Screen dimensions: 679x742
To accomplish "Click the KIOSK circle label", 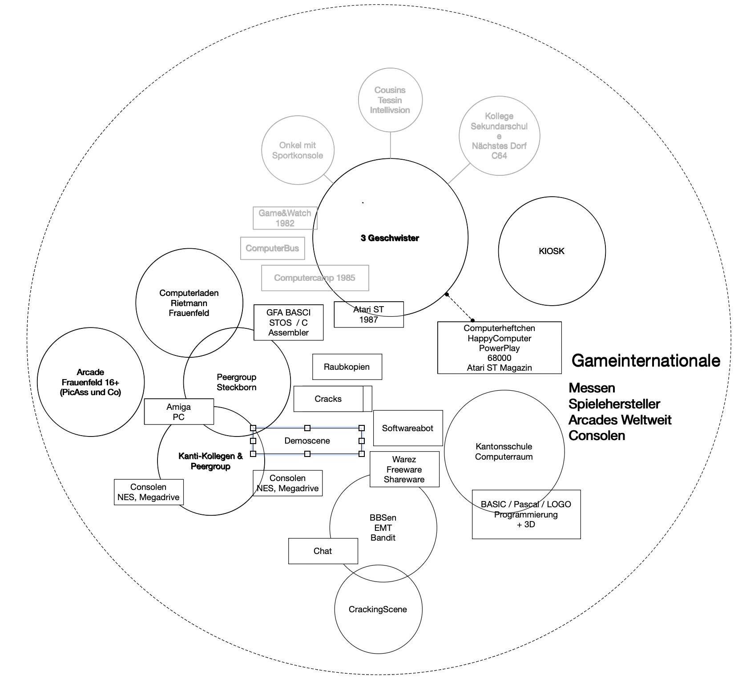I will [551, 251].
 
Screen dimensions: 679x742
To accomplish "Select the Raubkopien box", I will [347, 367].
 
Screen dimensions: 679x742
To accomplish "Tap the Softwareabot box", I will [407, 428].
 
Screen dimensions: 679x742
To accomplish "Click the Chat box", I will [323, 551].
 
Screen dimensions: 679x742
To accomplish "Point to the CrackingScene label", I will [378, 609].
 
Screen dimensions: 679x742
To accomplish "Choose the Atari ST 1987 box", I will [368, 315].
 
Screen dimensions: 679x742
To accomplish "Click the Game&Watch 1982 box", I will [285, 218].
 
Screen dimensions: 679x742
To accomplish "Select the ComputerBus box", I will [272, 248].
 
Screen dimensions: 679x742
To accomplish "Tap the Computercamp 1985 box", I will [315, 278].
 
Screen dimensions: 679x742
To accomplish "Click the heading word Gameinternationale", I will [645, 360].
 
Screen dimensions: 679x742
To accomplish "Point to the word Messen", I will [592, 388].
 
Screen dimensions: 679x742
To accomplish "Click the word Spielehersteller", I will [614, 404].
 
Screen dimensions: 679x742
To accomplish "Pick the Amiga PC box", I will [178, 412].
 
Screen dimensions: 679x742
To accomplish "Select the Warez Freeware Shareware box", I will [404, 469].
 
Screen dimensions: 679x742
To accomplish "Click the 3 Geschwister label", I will [390, 238].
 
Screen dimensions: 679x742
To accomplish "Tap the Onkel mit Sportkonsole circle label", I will [297, 150].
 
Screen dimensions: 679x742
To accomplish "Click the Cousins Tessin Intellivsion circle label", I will [390, 100].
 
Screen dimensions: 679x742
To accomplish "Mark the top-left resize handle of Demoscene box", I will [253, 428].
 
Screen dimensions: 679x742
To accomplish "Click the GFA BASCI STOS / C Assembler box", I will [288, 322].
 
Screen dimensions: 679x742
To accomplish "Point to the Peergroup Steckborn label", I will [236, 382].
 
